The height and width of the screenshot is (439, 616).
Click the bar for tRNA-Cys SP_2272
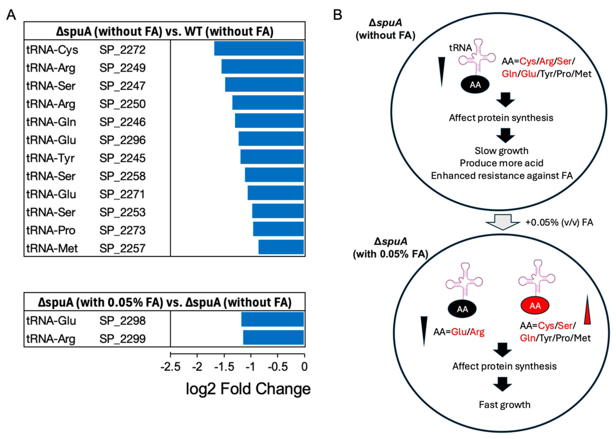pyautogui.click(x=259, y=48)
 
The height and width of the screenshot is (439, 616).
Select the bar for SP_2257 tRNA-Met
pyautogui.click(x=281, y=247)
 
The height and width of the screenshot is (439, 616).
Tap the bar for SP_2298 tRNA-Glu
pyautogui.click(x=273, y=319)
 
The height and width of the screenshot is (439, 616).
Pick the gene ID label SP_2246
pyautogui.click(x=122, y=122)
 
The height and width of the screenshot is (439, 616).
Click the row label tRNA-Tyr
pyautogui.click(x=50, y=158)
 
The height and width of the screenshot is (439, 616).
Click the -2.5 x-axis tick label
pyautogui.click(x=170, y=367)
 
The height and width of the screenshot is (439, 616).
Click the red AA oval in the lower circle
pyautogui.click(x=535, y=306)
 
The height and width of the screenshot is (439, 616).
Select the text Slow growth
pyautogui.click(x=501, y=151)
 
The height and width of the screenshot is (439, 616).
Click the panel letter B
pyautogui.click(x=338, y=15)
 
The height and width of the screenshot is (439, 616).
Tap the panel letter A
pyautogui.click(x=11, y=15)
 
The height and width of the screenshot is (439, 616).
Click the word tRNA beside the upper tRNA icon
pyautogui.click(x=460, y=48)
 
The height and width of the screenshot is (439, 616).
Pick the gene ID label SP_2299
pyautogui.click(x=122, y=338)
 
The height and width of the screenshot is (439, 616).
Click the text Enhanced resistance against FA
pyautogui.click(x=502, y=176)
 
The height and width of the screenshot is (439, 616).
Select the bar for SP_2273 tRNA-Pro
pyautogui.click(x=278, y=229)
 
